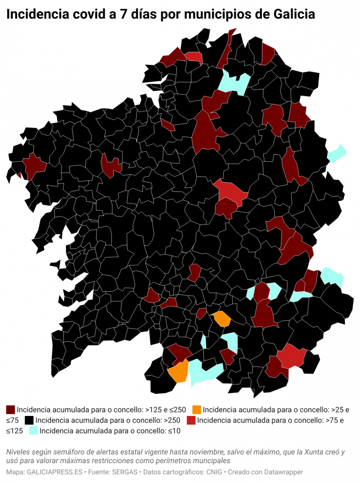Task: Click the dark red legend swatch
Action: click(x=10, y=409)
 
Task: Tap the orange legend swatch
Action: click(x=196, y=409)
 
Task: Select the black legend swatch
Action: click(x=30, y=420)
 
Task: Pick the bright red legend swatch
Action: click(x=191, y=420)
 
